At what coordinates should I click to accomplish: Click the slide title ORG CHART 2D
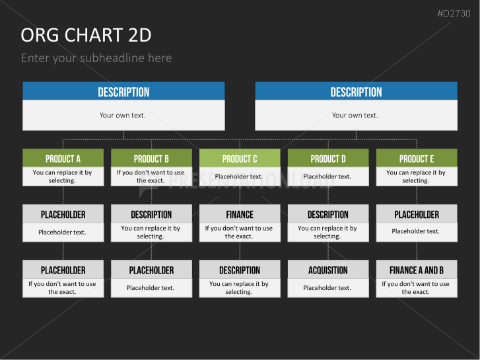click(x=86, y=34)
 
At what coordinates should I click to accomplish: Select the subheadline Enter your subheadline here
click(x=96, y=58)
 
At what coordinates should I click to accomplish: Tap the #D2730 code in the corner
click(x=454, y=13)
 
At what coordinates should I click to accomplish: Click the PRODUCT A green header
click(x=63, y=158)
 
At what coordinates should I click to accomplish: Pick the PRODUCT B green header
click(x=152, y=158)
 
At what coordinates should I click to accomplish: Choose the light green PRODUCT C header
click(x=240, y=158)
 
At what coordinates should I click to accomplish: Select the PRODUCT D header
click(x=328, y=158)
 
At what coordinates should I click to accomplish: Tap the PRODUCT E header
click(x=417, y=158)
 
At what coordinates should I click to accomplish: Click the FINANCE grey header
click(x=240, y=214)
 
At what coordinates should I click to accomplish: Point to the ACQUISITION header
click(x=328, y=270)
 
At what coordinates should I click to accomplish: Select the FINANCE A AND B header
click(x=417, y=270)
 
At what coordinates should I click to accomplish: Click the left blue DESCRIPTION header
click(x=123, y=91)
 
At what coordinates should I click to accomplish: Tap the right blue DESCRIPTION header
click(x=357, y=91)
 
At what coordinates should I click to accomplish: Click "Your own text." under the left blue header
click(x=122, y=115)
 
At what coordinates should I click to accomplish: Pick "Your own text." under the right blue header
click(x=355, y=115)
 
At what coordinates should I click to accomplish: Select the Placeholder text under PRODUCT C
click(x=239, y=176)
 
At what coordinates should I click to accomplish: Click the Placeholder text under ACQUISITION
click(x=327, y=288)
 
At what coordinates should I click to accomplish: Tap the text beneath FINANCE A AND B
click(x=415, y=288)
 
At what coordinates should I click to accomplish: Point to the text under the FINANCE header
click(x=239, y=232)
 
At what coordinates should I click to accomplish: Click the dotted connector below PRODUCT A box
click(x=63, y=195)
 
